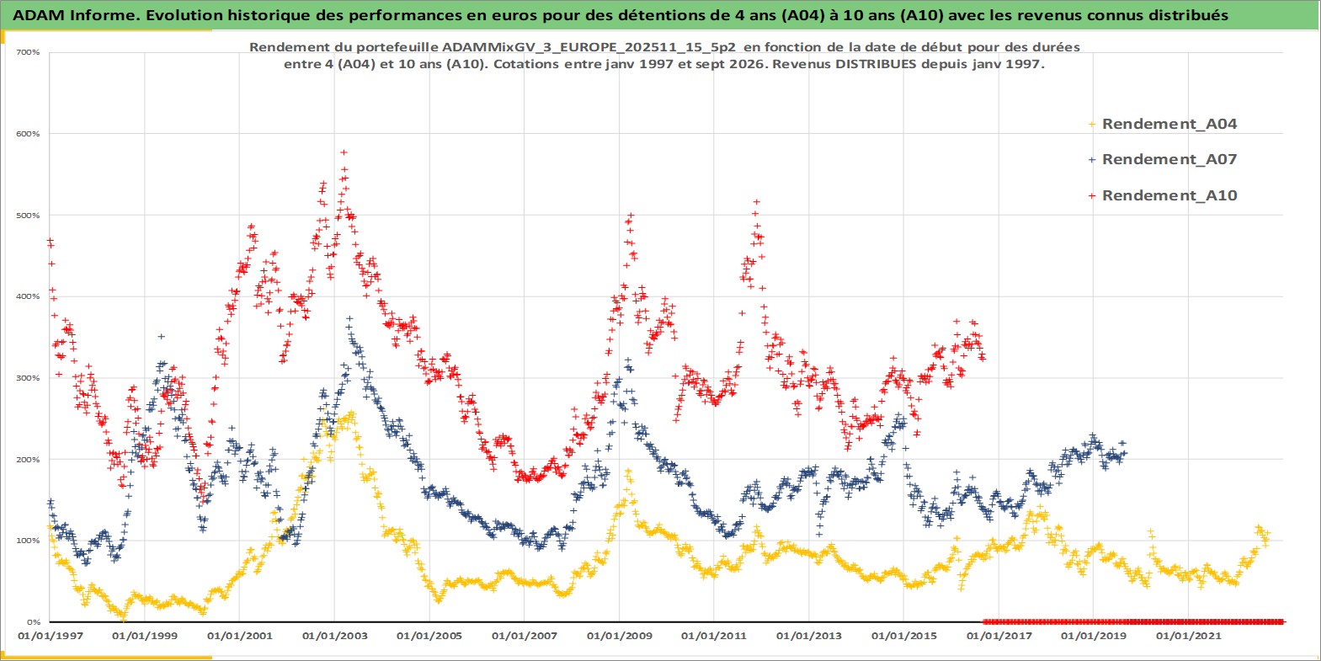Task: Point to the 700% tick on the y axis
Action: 29,52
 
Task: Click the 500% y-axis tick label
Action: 29,216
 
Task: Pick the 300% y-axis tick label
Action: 29,378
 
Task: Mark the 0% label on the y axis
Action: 34,622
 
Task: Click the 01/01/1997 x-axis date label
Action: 51,636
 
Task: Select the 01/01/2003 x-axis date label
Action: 334,636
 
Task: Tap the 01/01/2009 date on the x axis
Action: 619,636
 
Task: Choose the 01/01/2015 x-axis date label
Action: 903,636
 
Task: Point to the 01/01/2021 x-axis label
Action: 1188,636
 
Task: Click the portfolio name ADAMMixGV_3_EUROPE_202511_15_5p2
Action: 589,47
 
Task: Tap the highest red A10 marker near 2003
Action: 344,152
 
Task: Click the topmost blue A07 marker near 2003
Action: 349,318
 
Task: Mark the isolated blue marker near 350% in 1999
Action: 161,336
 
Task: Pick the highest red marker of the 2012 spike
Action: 757,201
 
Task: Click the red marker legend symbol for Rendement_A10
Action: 1092,195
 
